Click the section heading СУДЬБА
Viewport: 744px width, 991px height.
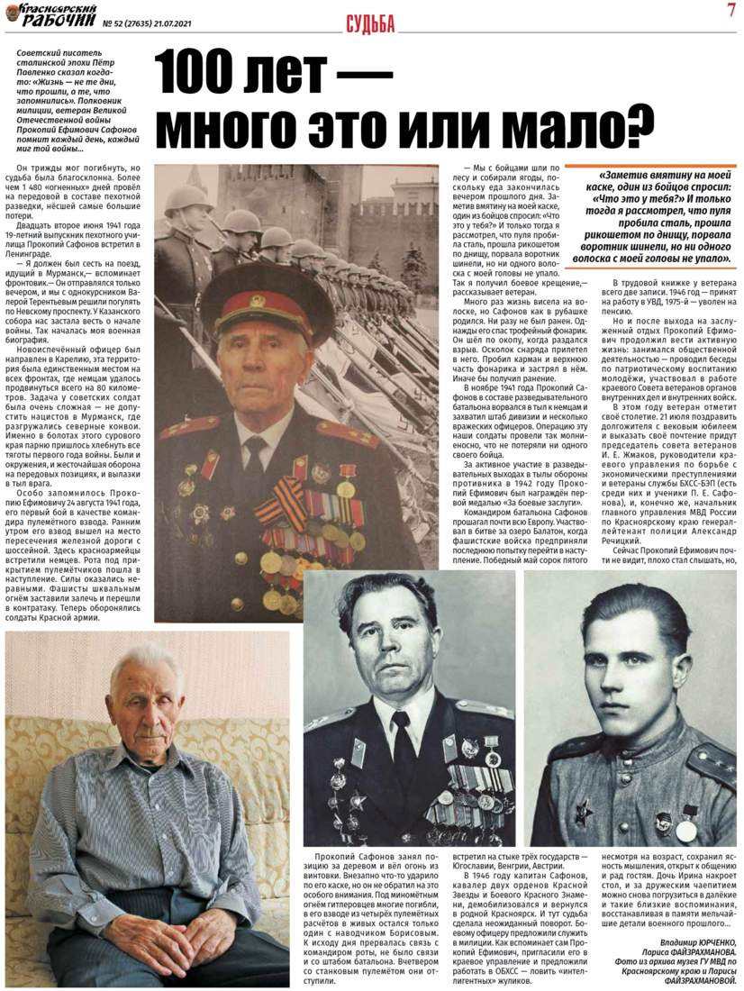370,25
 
